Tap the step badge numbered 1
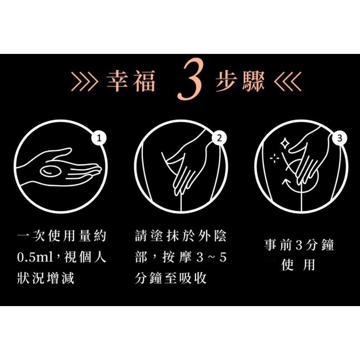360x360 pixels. click(x=100, y=138)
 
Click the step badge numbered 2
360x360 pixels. click(x=219, y=138)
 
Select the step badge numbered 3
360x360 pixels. click(x=340, y=138)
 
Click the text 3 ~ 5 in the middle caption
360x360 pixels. click(x=212, y=257)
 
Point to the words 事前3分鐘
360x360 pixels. click(x=300, y=245)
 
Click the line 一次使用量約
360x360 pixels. click(x=61, y=237)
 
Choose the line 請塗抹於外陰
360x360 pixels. click(x=181, y=237)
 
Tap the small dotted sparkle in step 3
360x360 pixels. click(x=275, y=158)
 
